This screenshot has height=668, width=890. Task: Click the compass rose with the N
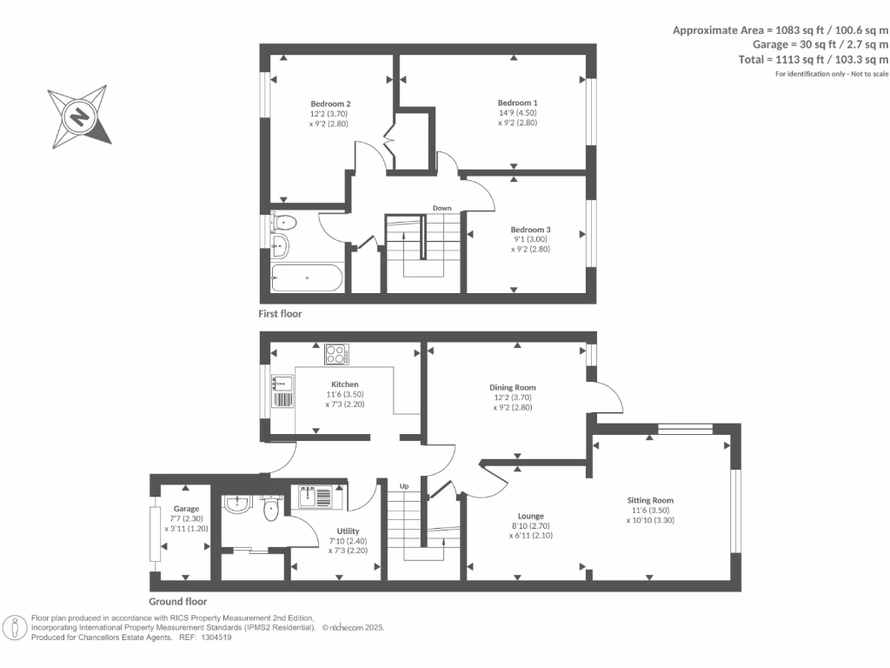pos(79,116)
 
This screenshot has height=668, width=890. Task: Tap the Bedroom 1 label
pos(511,103)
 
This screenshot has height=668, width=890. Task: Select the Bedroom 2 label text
pos(329,103)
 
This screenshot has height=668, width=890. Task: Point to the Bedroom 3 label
pos(530,230)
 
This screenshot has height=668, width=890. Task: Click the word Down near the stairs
pos(442,208)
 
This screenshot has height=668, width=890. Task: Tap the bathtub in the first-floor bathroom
pos(306,279)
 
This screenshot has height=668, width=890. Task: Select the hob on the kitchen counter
pos(337,355)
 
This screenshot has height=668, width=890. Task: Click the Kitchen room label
pos(344,384)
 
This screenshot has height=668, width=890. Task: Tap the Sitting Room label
pos(650,500)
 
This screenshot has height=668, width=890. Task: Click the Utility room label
pos(347,531)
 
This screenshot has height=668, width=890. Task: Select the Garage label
pos(185,509)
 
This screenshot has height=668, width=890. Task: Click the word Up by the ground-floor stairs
pos(404,485)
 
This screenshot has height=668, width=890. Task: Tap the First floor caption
pos(280,313)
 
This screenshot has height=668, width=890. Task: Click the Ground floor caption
pos(177,601)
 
